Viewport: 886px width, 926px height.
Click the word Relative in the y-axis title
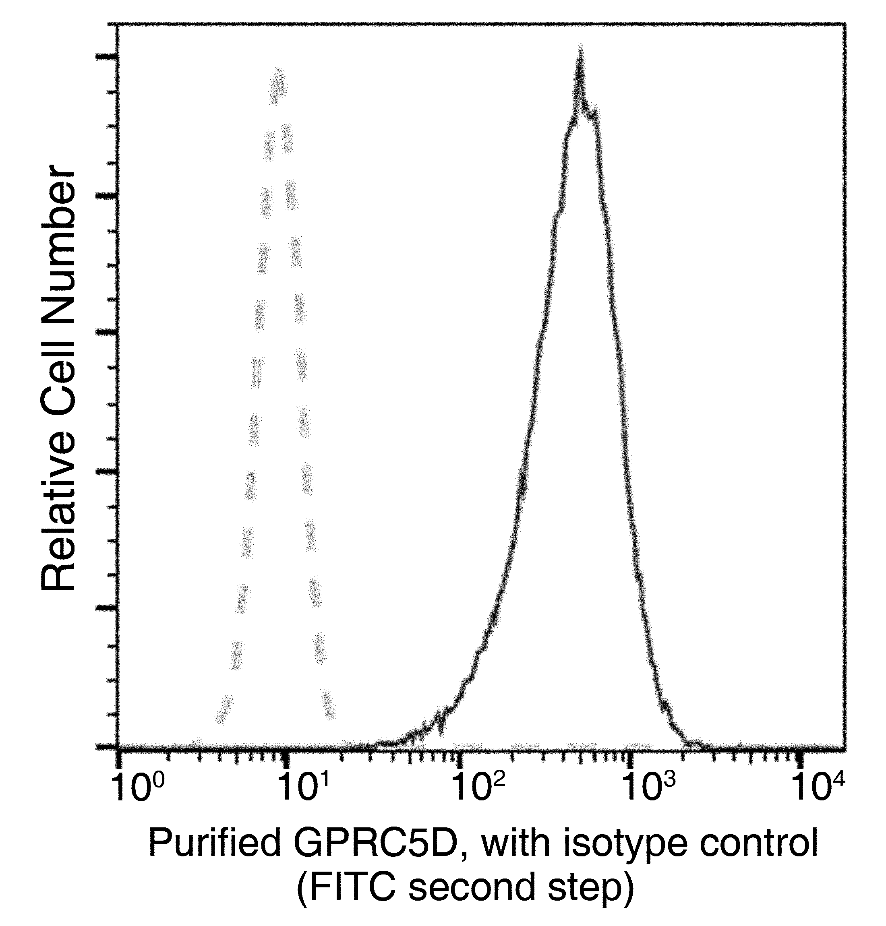[58, 519]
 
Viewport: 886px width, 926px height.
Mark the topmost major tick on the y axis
[107, 58]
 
